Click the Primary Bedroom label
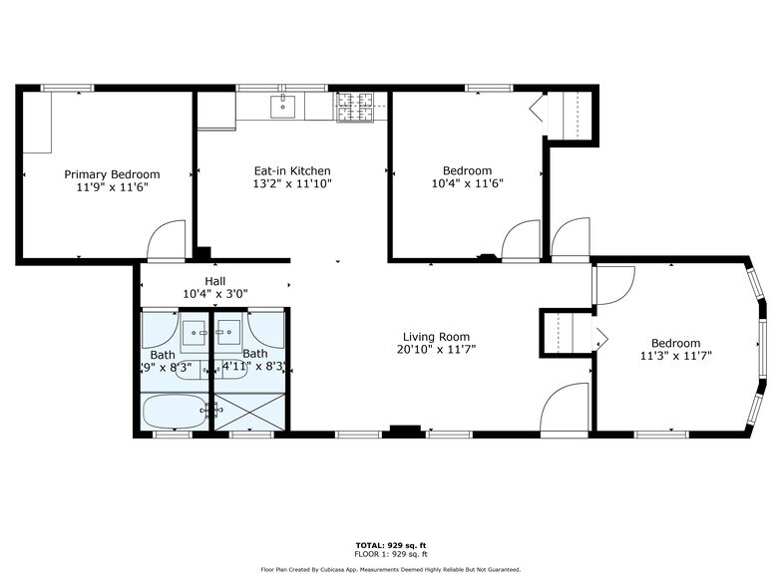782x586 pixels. [112, 174]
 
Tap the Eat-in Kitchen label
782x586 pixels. [291, 171]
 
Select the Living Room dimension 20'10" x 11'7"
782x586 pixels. [436, 350]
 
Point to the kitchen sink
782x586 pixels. [284, 107]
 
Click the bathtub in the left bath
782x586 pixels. [174, 410]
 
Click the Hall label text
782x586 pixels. [214, 281]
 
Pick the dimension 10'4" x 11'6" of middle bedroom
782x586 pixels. [466, 183]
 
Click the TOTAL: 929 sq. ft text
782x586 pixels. [390, 545]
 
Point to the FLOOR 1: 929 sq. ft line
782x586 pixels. [390, 553]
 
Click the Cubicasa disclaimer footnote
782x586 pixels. [390, 569]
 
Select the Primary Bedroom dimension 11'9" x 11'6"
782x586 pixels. [112, 187]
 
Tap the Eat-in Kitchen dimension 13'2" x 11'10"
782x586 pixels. [291, 184]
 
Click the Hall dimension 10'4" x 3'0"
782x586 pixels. [214, 294]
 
